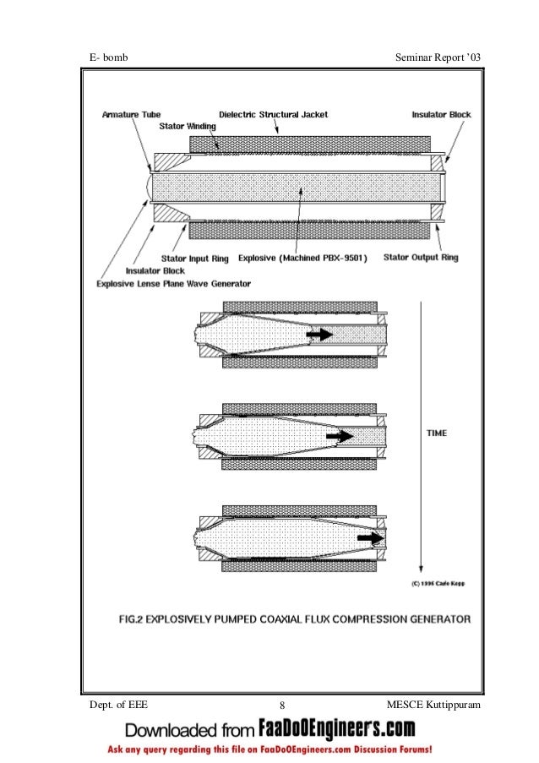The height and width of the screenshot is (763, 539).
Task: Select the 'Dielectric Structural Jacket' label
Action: coord(274,114)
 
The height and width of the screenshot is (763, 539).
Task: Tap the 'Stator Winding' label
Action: coord(188,125)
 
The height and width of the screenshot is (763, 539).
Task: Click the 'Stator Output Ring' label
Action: coord(421,257)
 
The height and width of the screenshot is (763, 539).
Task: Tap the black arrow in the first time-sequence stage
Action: coord(319,335)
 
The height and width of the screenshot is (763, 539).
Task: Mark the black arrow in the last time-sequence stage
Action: coord(370,537)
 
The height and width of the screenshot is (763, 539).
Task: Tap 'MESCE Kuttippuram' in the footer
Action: coord(432,704)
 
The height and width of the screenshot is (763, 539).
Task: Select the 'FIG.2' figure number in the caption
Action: coord(135,619)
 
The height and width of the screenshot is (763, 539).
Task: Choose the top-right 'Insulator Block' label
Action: coord(442,114)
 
